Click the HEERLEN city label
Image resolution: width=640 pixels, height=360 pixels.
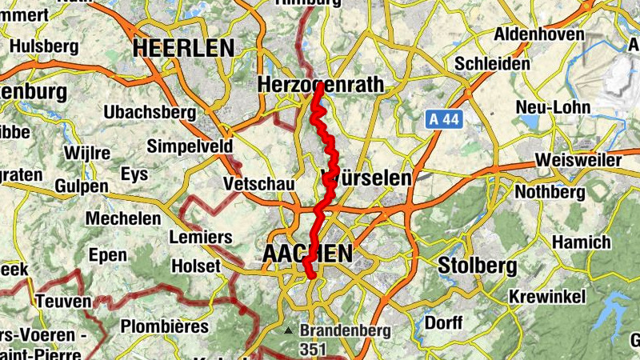(x=183, y=49)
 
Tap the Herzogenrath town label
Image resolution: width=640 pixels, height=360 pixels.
(x=321, y=85)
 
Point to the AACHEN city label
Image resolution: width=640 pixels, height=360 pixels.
(x=307, y=254)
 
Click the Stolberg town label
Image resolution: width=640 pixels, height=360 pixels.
(x=477, y=266)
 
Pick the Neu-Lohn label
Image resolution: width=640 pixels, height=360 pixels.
(x=553, y=107)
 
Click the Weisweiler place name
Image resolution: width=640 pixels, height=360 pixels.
(x=578, y=160)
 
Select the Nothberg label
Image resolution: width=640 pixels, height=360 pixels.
(x=550, y=192)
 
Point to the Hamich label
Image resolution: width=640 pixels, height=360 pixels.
(x=581, y=242)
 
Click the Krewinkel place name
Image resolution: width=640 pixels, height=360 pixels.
(x=548, y=297)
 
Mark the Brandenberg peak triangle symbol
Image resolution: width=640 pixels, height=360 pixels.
(x=289, y=330)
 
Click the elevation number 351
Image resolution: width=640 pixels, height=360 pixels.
(x=314, y=349)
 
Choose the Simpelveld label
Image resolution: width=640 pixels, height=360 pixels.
(x=190, y=146)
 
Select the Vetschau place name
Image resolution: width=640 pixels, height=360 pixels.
(x=259, y=185)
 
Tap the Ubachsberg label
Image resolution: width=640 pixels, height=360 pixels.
(x=149, y=113)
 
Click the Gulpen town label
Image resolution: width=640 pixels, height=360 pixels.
(x=82, y=186)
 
